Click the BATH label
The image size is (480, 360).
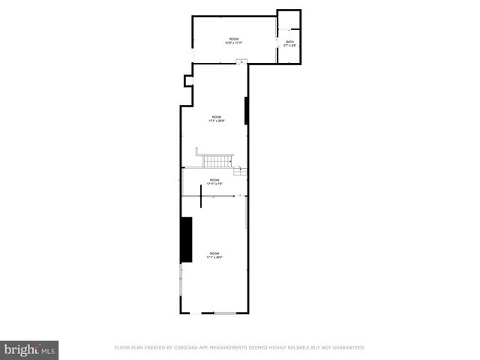point(290,42)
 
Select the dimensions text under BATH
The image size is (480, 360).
point(290,46)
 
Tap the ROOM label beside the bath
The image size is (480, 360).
point(233,38)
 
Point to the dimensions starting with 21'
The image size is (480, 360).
point(233,43)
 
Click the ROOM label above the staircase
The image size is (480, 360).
point(216,116)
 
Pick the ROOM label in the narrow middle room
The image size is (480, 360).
point(214,180)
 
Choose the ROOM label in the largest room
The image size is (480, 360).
point(215,253)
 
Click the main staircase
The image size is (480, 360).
point(216,160)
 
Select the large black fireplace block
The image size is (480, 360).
point(186,239)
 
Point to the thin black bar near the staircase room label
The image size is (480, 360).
point(246,111)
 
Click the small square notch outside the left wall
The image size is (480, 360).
point(188,81)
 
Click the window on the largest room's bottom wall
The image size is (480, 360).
point(224,313)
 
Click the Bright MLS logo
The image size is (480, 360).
point(30,349)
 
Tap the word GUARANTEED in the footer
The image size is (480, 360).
point(346,347)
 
